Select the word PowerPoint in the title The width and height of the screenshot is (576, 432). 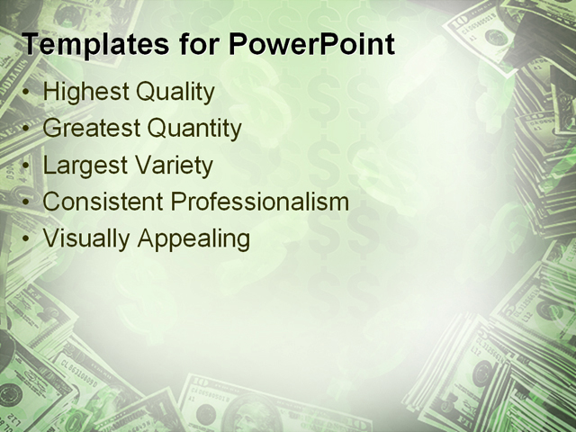click(x=311, y=44)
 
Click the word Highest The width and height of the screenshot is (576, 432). click(x=85, y=92)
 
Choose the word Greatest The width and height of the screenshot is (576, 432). click(x=91, y=129)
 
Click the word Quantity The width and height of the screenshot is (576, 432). click(x=194, y=130)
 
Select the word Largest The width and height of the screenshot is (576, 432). click(x=84, y=166)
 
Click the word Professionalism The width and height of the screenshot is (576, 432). click(x=260, y=202)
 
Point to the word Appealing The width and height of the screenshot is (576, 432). click(x=193, y=240)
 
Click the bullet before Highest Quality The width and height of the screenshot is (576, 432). click(x=27, y=93)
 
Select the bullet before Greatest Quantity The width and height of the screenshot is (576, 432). click(x=27, y=130)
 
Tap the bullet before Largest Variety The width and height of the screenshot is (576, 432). click(x=27, y=166)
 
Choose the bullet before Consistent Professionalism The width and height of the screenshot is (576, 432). click(x=27, y=203)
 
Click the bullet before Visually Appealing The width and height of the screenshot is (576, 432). click(x=27, y=240)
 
